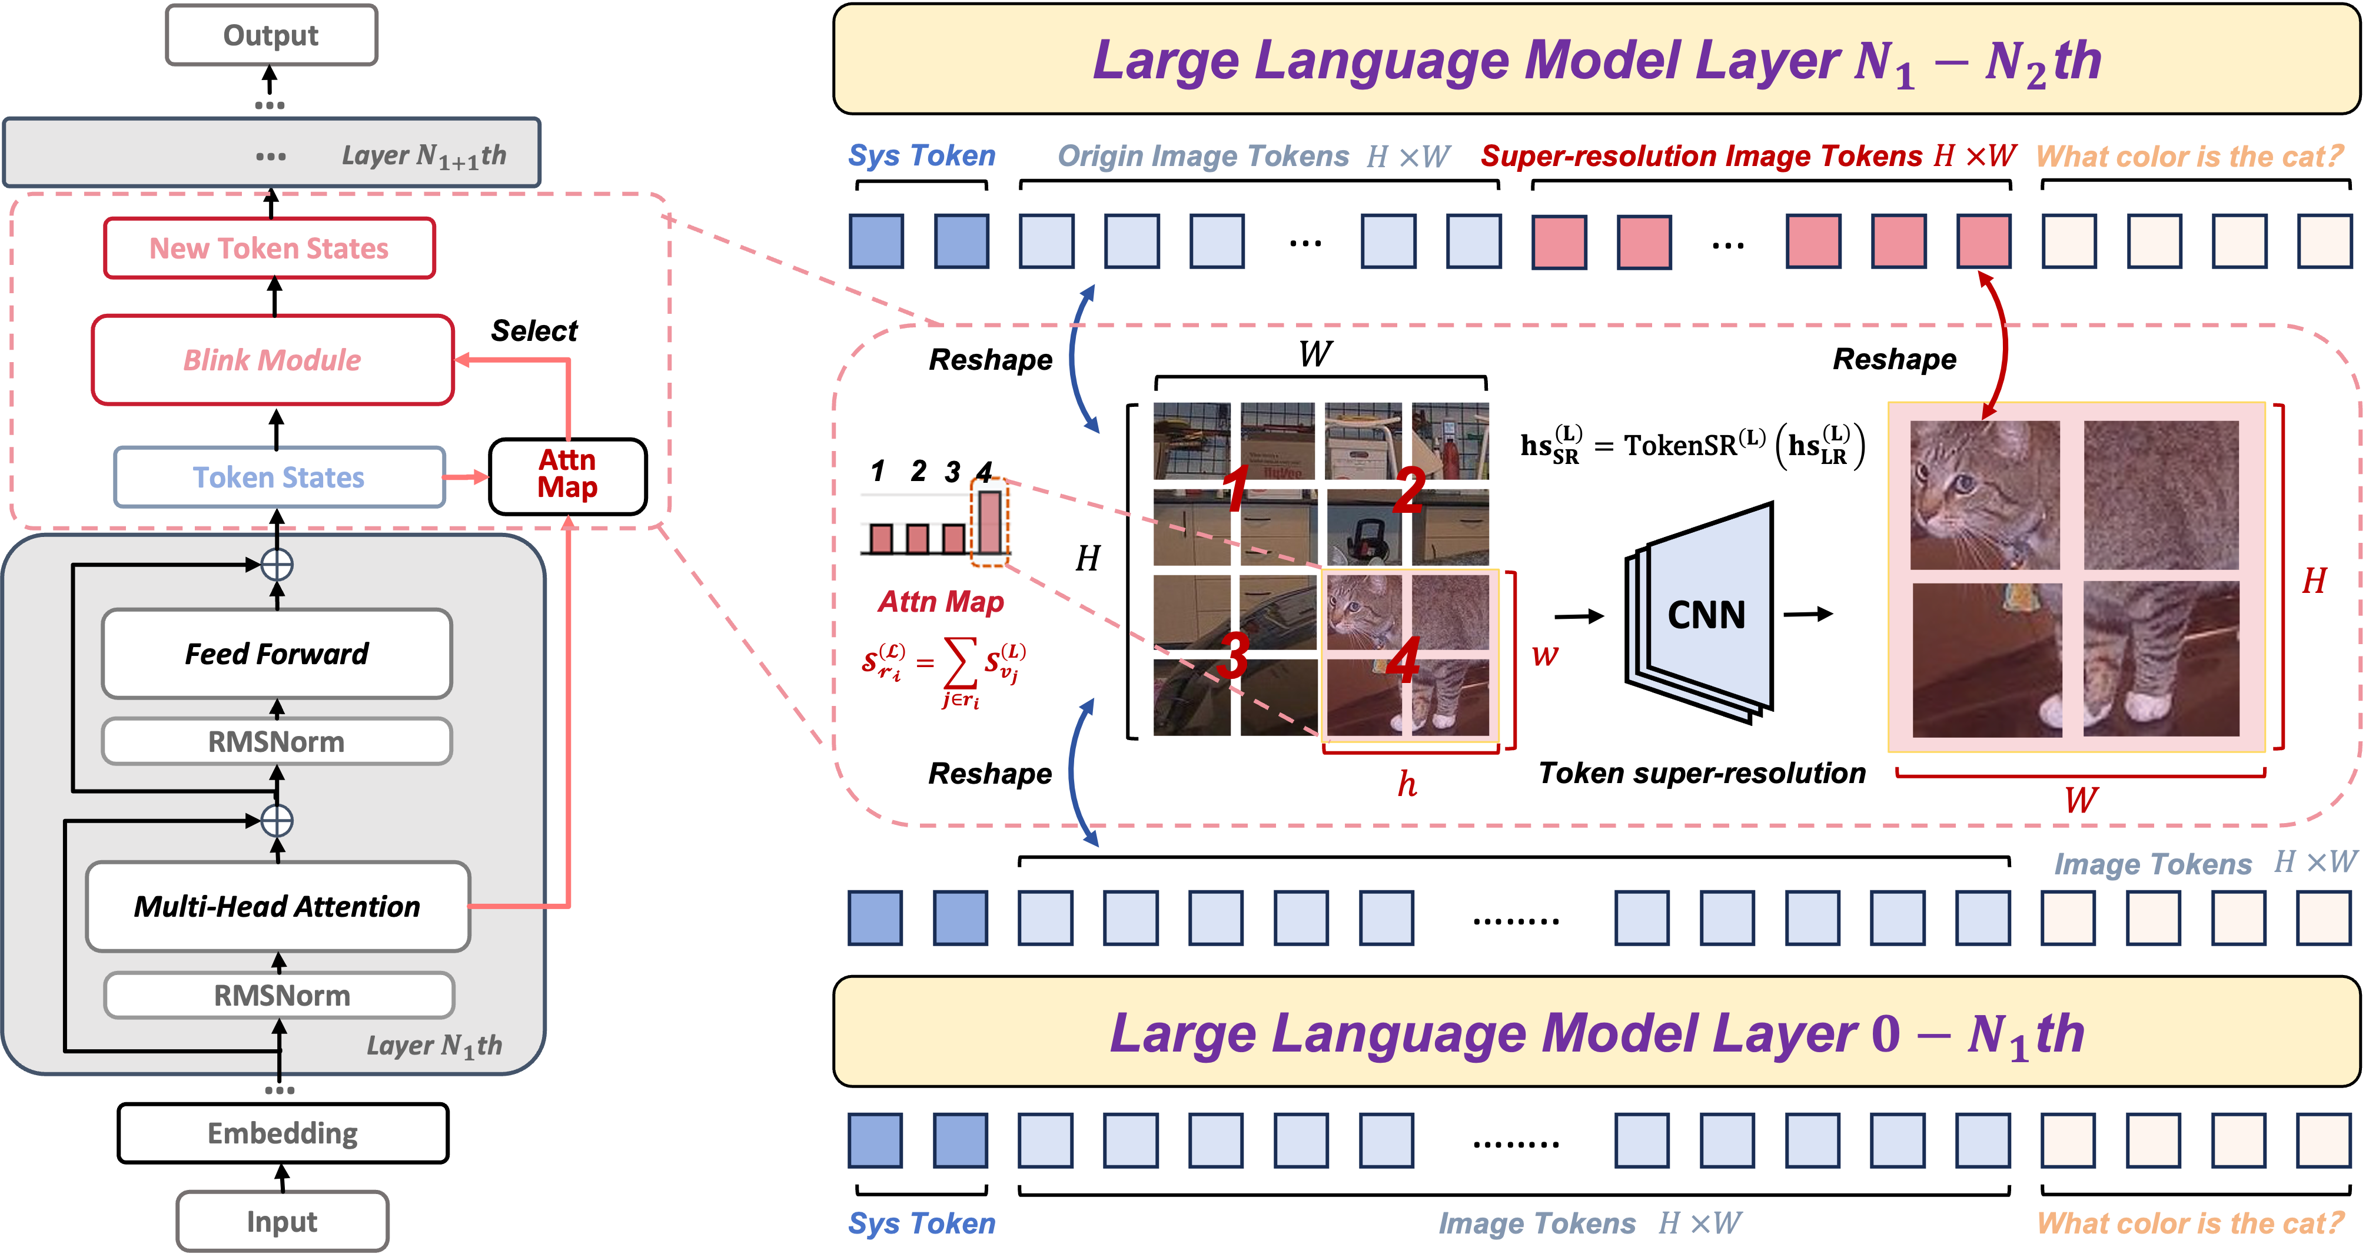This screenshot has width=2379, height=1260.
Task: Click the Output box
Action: pyautogui.click(x=271, y=35)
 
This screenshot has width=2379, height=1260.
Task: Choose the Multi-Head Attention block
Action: pyautogui.click(x=278, y=906)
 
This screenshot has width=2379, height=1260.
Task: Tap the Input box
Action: pyautogui.click(x=282, y=1221)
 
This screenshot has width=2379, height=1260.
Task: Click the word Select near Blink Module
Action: pyautogui.click(x=534, y=331)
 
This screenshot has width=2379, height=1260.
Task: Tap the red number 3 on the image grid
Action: pyautogui.click(x=1234, y=654)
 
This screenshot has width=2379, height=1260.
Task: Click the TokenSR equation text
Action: pyautogui.click(x=1692, y=445)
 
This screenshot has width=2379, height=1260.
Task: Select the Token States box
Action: pyautogui.click(x=279, y=478)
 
